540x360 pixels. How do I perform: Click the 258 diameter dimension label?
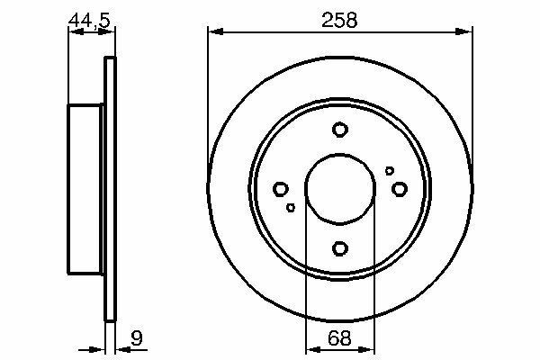point(339,20)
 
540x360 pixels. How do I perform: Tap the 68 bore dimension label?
point(339,338)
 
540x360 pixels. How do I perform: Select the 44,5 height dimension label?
point(89,21)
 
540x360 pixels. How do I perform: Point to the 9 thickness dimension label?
point(137,338)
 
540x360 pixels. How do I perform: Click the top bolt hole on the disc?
point(340,130)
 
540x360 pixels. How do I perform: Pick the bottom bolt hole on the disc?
point(340,248)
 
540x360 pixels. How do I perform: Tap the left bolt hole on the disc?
point(281,189)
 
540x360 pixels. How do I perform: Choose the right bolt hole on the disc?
point(400,189)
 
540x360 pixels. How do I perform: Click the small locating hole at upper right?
point(389,170)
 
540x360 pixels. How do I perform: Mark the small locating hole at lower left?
point(291,207)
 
